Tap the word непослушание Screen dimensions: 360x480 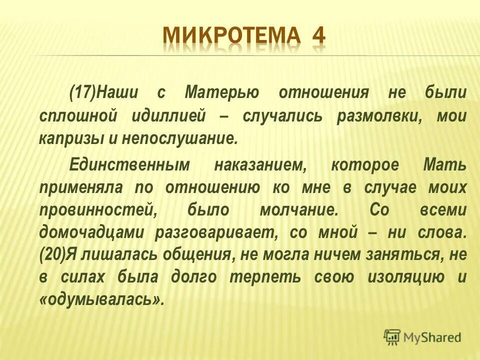[177, 139]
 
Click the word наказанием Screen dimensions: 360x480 [260, 165]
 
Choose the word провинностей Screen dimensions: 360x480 [96, 210]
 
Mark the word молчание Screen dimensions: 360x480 [298, 210]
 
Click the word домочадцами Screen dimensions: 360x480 [92, 233]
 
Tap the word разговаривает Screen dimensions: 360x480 [215, 233]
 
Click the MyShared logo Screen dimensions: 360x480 [422, 337]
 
